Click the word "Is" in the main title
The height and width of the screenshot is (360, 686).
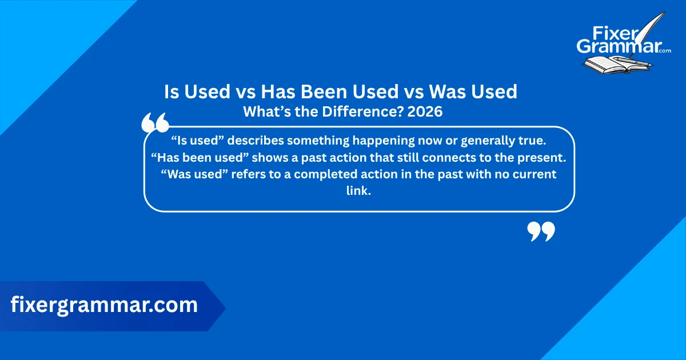click(x=172, y=91)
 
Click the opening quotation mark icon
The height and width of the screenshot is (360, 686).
click(x=154, y=123)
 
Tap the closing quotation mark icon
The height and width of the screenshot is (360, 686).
click(x=541, y=231)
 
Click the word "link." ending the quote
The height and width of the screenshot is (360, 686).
click(x=358, y=191)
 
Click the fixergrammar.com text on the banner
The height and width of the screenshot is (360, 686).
click(x=104, y=305)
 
